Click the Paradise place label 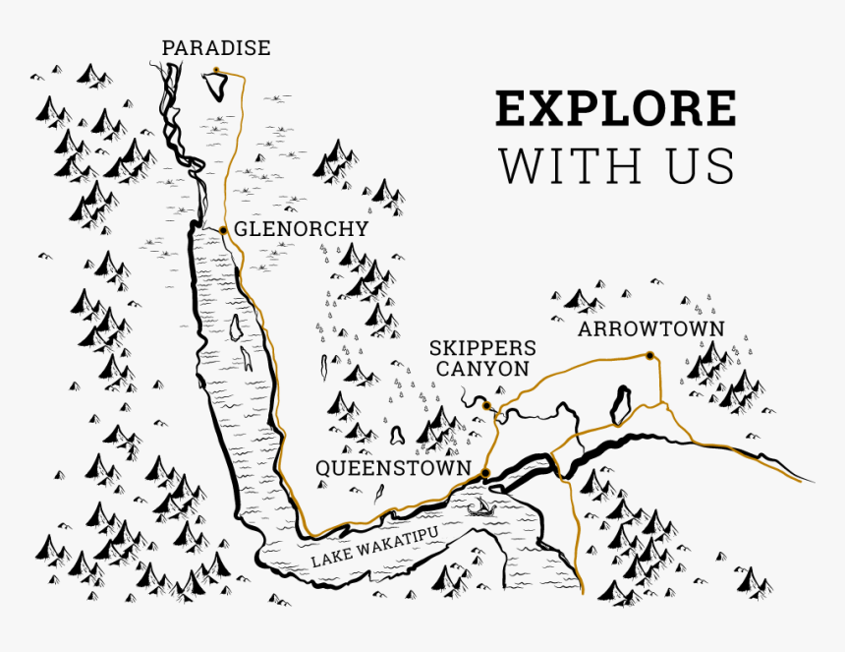pyautogui.click(x=215, y=48)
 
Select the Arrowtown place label pyautogui.click(x=650, y=329)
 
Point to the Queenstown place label pyautogui.click(x=392, y=469)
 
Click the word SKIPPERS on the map pyautogui.click(x=482, y=349)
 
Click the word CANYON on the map pyautogui.click(x=482, y=370)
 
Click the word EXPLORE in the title pyautogui.click(x=615, y=109)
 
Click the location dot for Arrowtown pyautogui.click(x=649, y=355)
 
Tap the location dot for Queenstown pyautogui.click(x=485, y=474)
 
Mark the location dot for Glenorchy pyautogui.click(x=224, y=230)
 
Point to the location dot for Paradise pyautogui.click(x=215, y=70)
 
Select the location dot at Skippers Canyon pyautogui.click(x=486, y=405)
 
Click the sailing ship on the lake pyautogui.click(x=480, y=507)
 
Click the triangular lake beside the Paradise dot pyautogui.click(x=217, y=87)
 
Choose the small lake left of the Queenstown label pyautogui.click(x=397, y=435)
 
